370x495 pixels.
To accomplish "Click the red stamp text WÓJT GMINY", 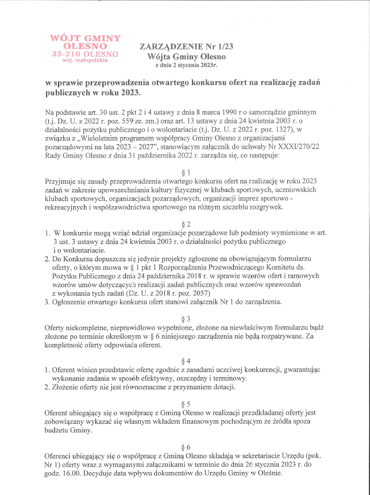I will coord(85,38).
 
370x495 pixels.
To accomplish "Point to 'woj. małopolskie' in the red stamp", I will coord(85,60).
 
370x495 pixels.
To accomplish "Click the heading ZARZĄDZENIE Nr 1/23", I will coord(179,46).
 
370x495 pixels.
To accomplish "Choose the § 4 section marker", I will coord(185,361).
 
